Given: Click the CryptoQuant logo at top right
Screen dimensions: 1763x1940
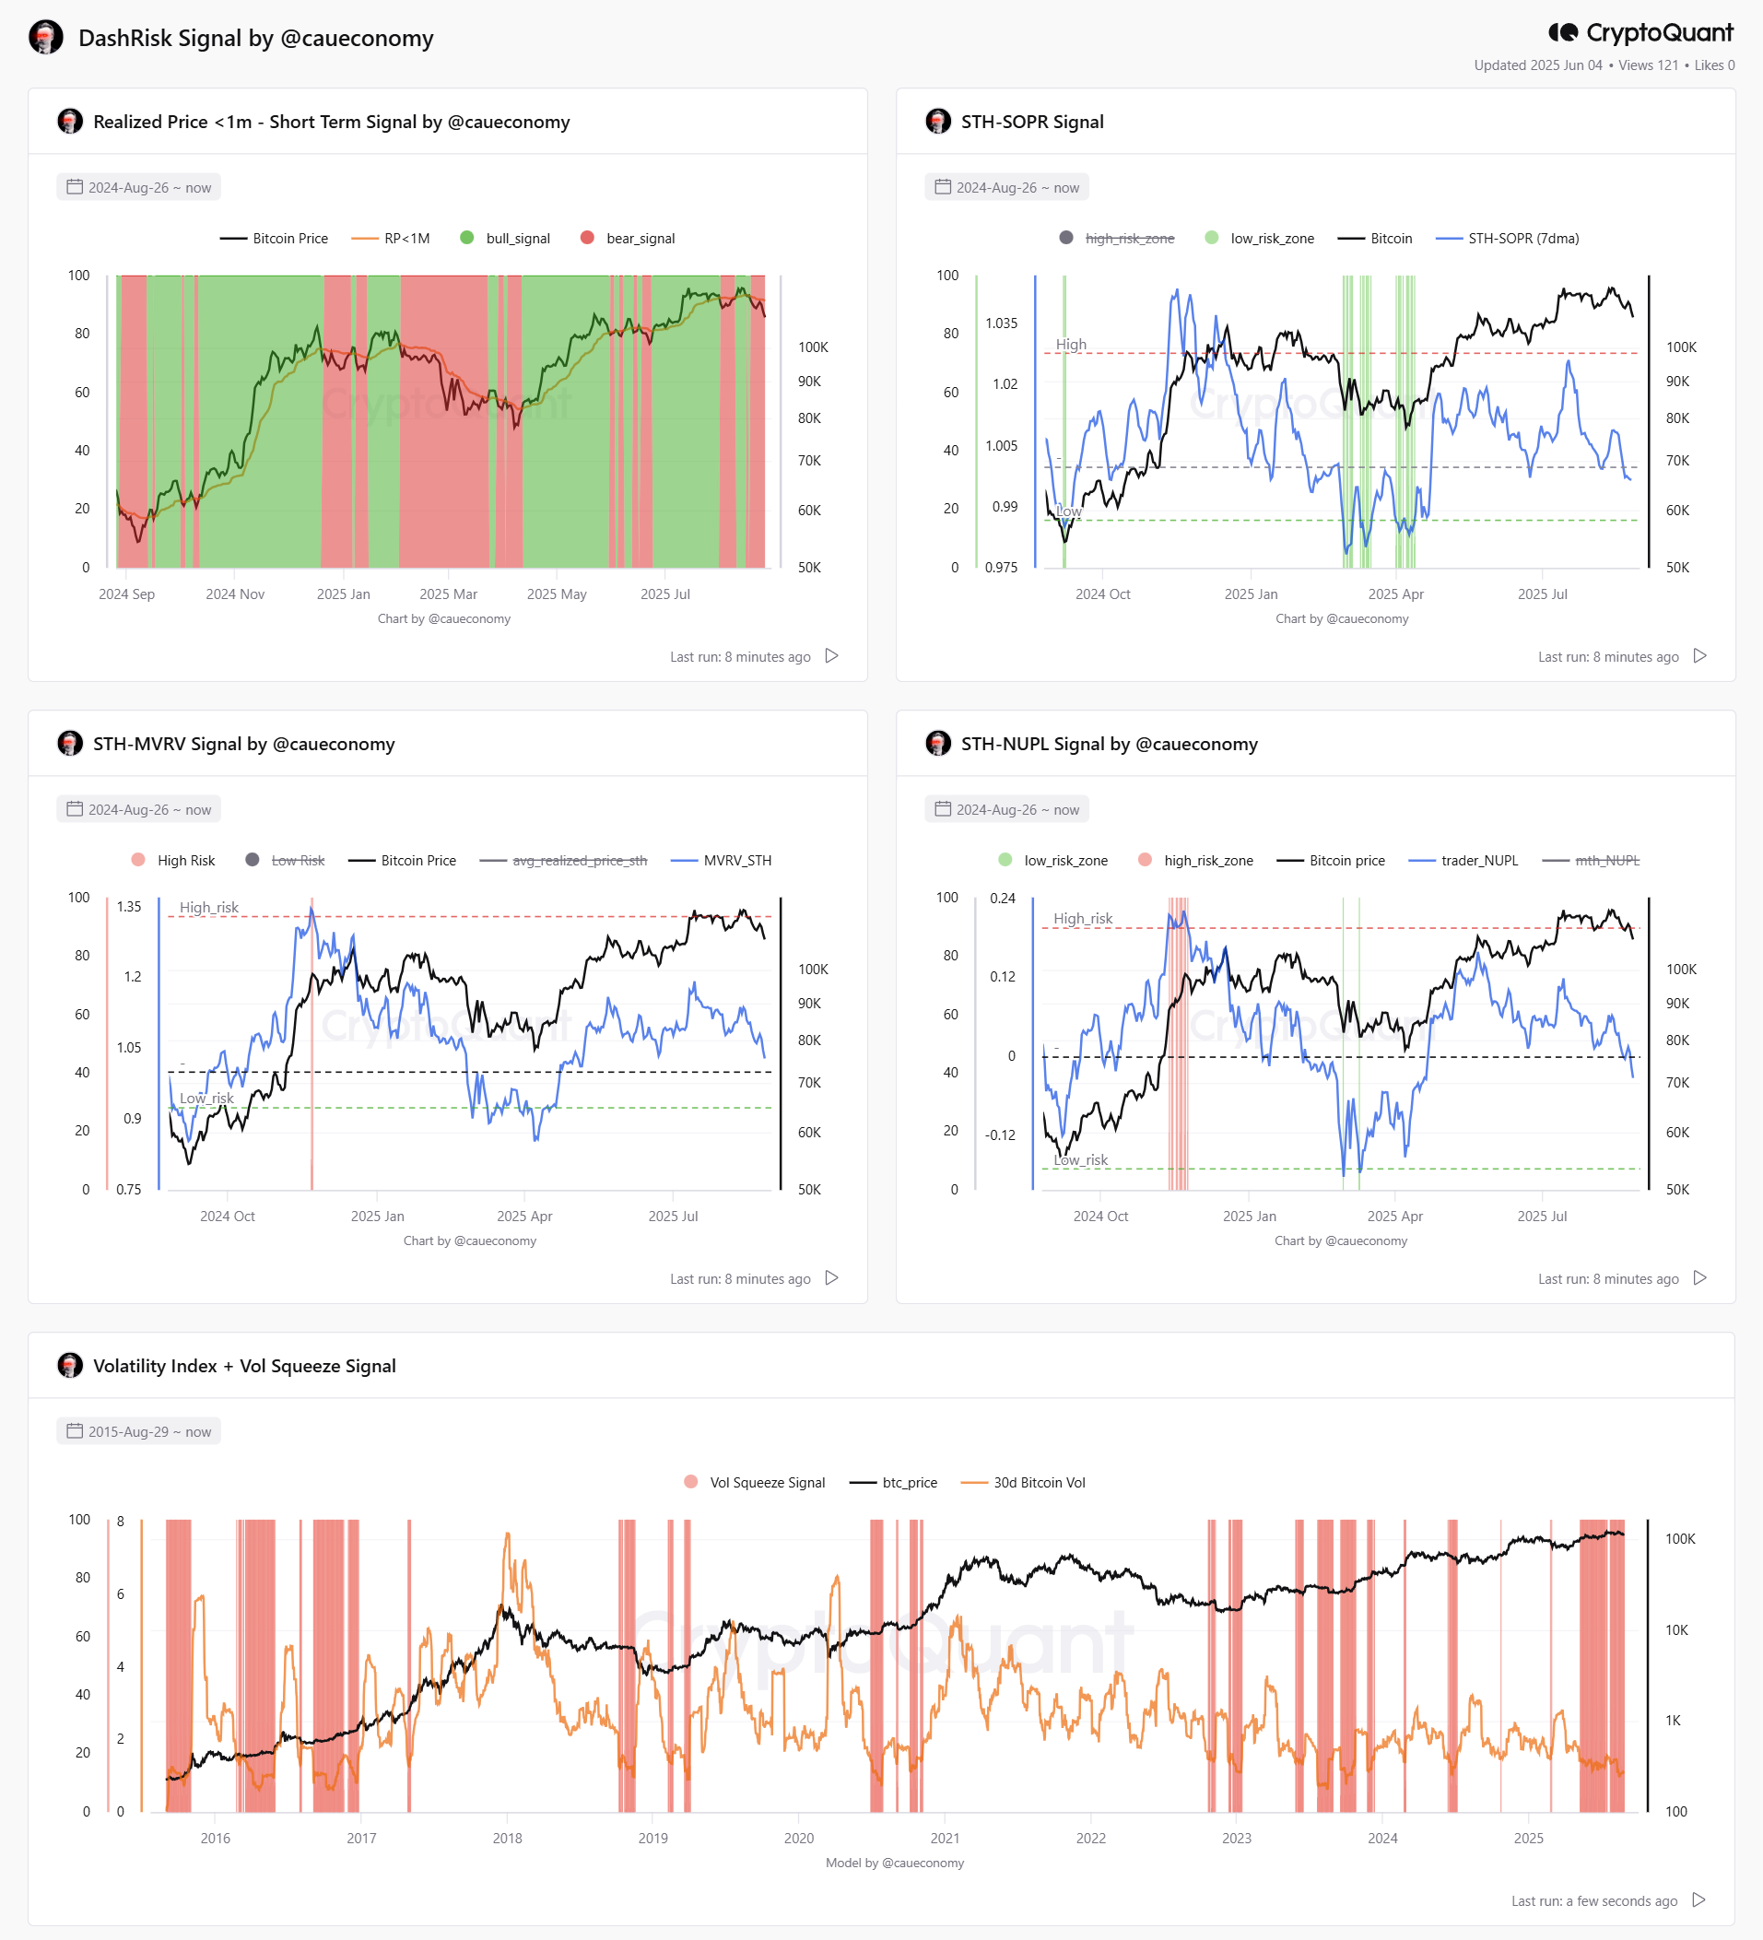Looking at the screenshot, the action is tap(1640, 33).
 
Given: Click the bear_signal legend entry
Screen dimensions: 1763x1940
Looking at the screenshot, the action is tap(628, 238).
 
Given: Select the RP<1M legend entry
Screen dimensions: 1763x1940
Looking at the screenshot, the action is tap(391, 238).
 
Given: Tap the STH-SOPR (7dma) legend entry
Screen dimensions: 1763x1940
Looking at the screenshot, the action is tap(1507, 238).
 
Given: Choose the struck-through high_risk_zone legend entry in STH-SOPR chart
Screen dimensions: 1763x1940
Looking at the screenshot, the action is tap(1116, 238).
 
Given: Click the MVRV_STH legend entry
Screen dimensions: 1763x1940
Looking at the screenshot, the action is tap(721, 860).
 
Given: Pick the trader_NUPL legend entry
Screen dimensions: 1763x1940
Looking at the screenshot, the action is tap(1463, 860).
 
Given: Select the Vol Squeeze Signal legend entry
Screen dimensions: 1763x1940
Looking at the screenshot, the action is tap(755, 1482).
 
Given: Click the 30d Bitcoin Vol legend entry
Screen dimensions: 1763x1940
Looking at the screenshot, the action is tap(1023, 1482).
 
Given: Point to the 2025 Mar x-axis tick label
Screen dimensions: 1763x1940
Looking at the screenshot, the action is tap(449, 594).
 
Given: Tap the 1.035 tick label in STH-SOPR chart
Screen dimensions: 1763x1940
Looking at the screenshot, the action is tap(1001, 323).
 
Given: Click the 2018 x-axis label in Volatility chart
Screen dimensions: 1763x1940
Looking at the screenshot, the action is tap(507, 1838).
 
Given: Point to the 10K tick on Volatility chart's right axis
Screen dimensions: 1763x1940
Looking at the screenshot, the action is tap(1676, 1630).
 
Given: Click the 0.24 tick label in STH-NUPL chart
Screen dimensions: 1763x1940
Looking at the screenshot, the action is tap(1003, 898).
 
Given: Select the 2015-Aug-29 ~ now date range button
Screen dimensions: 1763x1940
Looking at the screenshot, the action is tap(138, 1431).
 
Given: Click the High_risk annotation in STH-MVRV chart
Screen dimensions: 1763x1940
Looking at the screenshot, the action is tap(209, 908).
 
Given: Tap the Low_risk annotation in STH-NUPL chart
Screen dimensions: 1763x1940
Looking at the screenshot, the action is tap(1081, 1159).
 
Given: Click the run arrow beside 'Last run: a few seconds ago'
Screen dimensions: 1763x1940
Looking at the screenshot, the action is tap(1699, 1899).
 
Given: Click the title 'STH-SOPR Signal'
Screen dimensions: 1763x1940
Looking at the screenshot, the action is tap(1031, 122).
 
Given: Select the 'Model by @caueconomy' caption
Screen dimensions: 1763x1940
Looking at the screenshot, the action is tap(895, 1862).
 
